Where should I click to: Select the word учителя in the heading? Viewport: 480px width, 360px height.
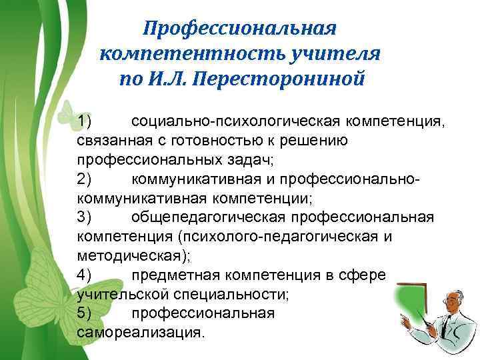click(x=341, y=54)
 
